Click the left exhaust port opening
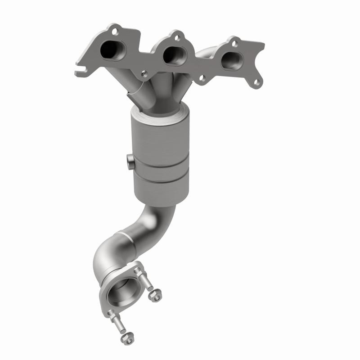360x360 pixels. click(x=111, y=51)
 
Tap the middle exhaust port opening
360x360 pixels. click(x=172, y=54)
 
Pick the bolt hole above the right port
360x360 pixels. click(x=234, y=44)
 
